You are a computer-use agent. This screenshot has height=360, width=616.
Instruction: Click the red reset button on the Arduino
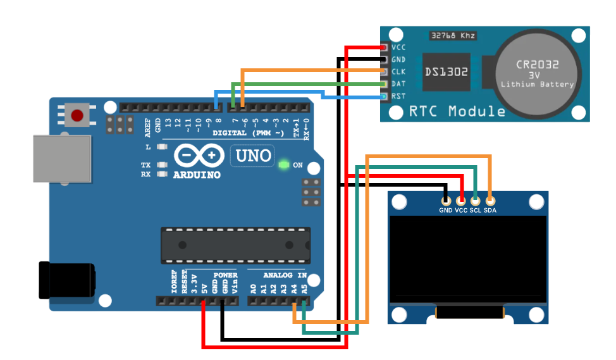coord(77,116)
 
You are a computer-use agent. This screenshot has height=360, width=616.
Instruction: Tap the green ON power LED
coord(283,165)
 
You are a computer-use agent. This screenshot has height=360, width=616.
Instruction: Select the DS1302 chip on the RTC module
coord(447,72)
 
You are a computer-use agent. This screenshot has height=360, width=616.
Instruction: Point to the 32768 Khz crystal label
coord(452,35)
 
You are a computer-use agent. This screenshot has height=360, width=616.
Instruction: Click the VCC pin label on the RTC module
coord(398,47)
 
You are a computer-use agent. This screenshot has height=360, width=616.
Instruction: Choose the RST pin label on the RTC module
coord(398,96)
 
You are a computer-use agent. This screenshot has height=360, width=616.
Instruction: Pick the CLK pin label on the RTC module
coord(398,71)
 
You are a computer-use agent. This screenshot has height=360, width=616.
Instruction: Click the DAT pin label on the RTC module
coord(398,84)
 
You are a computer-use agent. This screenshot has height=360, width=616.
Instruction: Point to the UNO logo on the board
coord(254,156)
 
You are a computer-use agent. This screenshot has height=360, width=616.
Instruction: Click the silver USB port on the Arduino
coord(62,158)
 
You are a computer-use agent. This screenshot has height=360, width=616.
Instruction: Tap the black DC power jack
coord(67,280)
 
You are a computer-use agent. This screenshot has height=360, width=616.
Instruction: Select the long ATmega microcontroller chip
coord(235,245)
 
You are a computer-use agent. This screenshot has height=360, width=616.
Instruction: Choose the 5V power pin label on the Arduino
coord(204,289)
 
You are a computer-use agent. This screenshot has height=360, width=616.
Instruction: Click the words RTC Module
coord(457,112)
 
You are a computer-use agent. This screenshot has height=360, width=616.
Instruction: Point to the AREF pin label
coord(148,127)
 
